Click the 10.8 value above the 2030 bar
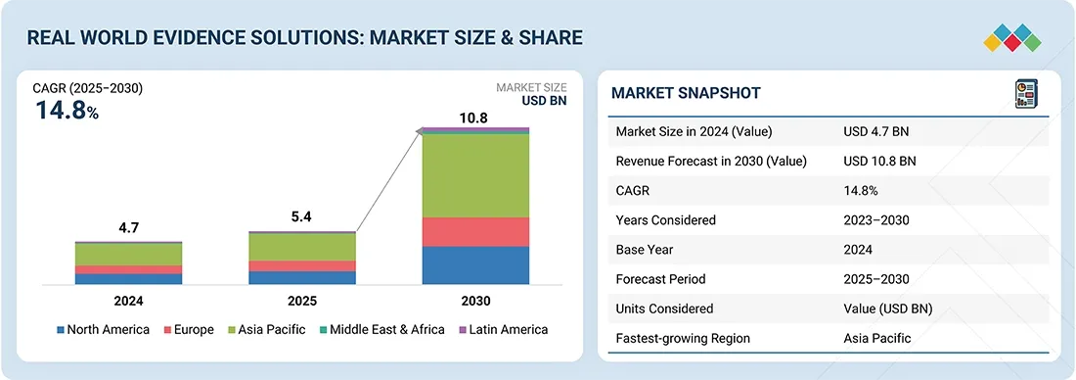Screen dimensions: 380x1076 [475, 119]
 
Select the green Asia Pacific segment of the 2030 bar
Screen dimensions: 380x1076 [475, 175]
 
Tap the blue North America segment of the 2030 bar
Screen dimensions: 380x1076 [475, 264]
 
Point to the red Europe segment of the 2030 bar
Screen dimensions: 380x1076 [475, 231]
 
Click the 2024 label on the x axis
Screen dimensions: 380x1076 [129, 301]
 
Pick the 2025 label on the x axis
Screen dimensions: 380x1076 [302, 301]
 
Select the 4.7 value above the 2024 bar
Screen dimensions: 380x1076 [129, 228]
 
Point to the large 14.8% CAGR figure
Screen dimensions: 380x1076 [67, 111]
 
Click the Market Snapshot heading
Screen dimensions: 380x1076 [686, 93]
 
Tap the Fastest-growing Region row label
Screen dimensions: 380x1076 [683, 338]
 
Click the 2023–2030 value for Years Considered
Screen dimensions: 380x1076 [876, 220]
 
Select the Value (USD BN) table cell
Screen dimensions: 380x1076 [887, 309]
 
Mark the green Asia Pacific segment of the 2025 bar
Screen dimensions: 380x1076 [302, 247]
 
